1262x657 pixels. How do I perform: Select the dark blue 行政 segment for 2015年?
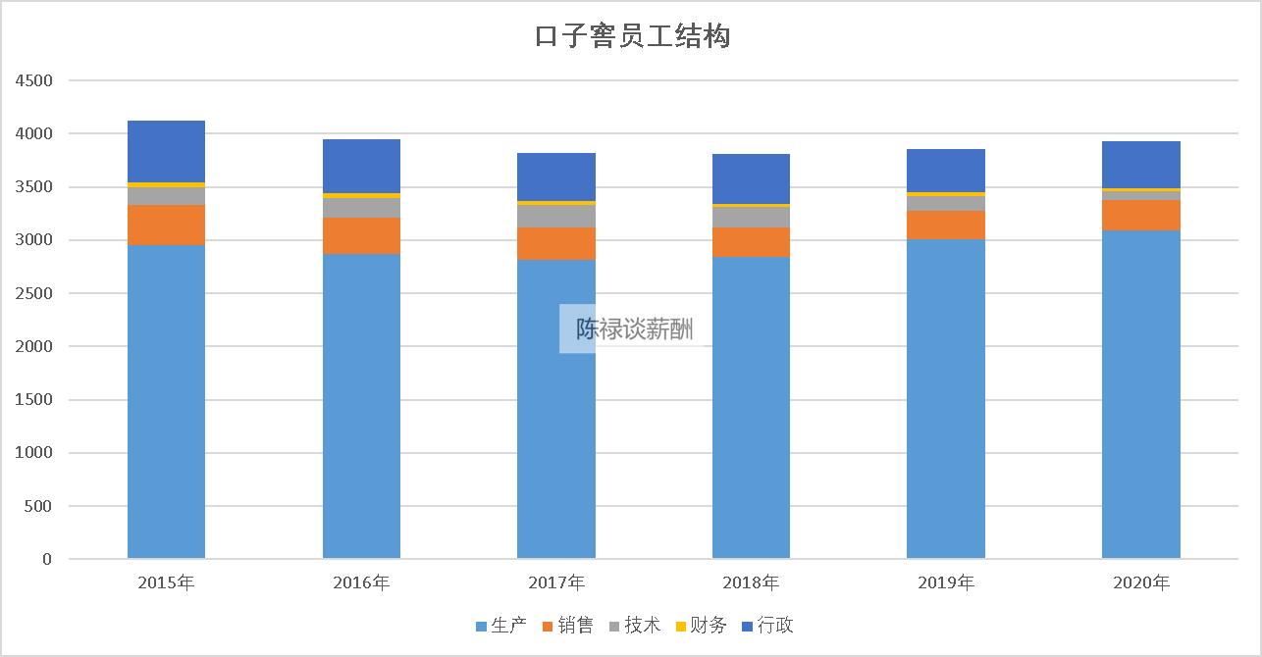pos(166,151)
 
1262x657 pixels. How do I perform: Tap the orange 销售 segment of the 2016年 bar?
pos(361,235)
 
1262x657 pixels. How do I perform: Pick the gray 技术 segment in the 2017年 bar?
pos(555,216)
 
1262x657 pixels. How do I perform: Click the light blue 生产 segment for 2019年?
pos(945,398)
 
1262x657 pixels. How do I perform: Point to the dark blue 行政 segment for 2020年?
pos(1140,164)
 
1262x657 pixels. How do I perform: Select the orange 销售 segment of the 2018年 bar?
pos(751,242)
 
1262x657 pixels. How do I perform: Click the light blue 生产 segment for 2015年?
pos(166,402)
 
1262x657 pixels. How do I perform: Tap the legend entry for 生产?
pos(501,626)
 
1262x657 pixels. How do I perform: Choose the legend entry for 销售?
pos(567,626)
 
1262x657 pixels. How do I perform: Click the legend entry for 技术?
pos(634,626)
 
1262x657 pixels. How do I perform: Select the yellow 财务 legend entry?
pos(701,626)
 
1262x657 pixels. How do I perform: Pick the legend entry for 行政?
pos(767,626)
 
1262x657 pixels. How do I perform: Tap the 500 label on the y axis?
pos(39,506)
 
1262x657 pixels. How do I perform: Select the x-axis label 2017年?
pos(555,583)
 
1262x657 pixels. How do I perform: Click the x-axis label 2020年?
pos(1140,583)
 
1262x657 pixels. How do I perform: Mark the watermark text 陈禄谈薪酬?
pos(634,329)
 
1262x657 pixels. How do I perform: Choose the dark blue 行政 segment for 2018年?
pos(751,178)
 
